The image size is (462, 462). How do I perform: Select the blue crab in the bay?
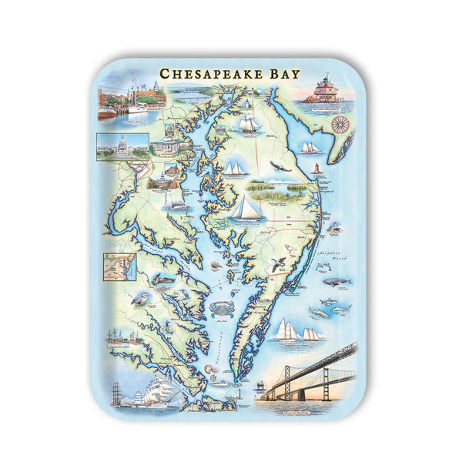pos(218,308)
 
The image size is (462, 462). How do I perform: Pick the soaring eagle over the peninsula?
pos(283,165)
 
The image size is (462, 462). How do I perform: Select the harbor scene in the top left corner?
pos(132,95)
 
